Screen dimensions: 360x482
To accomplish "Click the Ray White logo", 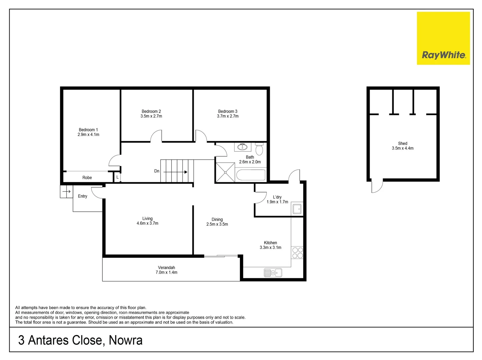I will [443, 38].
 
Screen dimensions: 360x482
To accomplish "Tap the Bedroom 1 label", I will [88, 130].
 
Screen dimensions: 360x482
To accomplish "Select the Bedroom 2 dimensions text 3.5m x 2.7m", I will [151, 116].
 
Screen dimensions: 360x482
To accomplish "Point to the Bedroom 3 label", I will [227, 111].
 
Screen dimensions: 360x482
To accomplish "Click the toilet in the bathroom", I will [259, 149].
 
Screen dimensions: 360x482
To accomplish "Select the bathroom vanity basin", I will [243, 147].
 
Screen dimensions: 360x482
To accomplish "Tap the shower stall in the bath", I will [225, 172].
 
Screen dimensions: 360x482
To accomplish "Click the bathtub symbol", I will [251, 175].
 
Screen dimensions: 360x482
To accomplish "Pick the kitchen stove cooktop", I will [297, 253].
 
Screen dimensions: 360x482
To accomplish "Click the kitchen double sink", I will [273, 273].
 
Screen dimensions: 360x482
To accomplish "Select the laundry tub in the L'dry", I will [297, 209].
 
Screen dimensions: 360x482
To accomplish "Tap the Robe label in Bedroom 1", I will [87, 178].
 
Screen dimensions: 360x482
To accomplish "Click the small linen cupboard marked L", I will [117, 177].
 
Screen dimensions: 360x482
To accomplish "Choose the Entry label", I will [82, 196].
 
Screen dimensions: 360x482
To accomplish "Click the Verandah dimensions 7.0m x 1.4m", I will [166, 273].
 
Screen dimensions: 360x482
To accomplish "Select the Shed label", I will [403, 143].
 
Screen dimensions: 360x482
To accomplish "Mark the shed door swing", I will [377, 187].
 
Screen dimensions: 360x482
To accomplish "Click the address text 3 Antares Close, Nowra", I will [80, 340].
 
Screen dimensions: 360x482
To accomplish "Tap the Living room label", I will [147, 219].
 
